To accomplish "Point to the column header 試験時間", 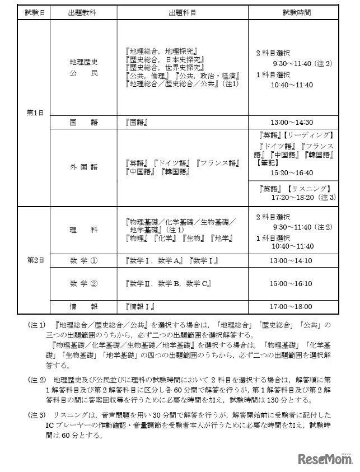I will click(293, 11).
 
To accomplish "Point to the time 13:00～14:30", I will click(293, 122).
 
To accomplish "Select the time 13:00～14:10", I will click(293, 261).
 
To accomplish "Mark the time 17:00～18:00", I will click(293, 307).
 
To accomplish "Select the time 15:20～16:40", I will click(292, 172).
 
